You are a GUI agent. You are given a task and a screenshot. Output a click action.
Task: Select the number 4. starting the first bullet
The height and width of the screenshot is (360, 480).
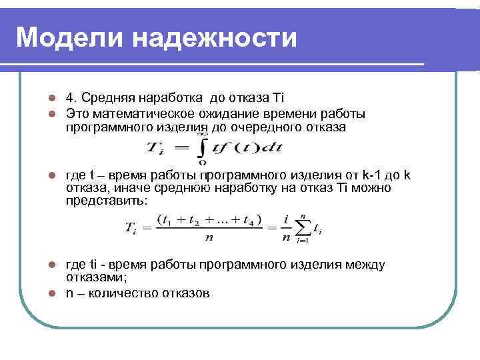(70, 98)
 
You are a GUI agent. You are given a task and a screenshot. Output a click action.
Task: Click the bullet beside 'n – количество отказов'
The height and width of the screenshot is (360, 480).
(51, 292)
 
